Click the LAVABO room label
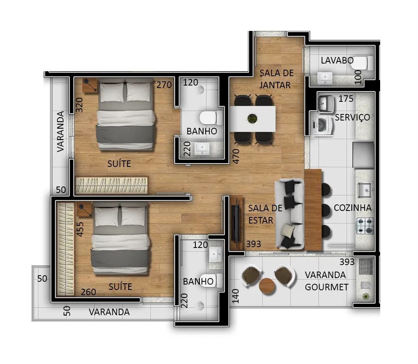point(337,61)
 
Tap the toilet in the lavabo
point(363,63)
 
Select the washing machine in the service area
point(322,125)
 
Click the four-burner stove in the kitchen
point(365,226)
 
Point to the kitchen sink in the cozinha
point(365,190)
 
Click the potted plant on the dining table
point(252,118)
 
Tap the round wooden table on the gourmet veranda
point(267,286)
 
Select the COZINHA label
point(352,208)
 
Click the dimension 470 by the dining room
point(236,156)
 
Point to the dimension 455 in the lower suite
point(80,229)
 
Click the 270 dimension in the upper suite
point(164,85)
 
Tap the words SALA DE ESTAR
point(265,214)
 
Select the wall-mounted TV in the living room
point(235,223)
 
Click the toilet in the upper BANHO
point(211,118)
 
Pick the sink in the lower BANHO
point(215,254)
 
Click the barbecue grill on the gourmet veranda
point(365,266)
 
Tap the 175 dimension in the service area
point(346,99)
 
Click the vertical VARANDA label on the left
point(61,132)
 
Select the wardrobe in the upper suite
point(112,185)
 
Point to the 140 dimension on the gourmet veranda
point(236,296)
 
